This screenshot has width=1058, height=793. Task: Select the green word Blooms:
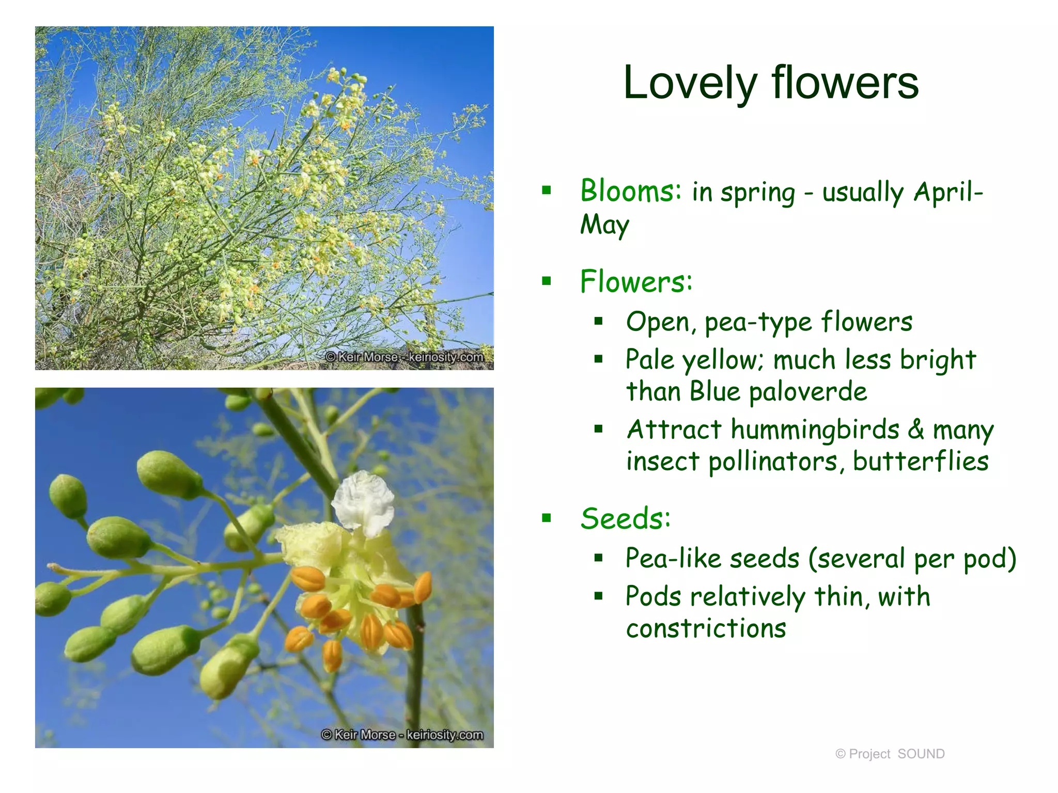coord(631,191)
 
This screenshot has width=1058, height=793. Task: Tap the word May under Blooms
coord(604,226)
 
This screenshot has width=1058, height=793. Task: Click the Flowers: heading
coord(636,282)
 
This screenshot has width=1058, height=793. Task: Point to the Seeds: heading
coord(626,518)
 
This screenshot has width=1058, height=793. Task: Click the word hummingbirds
coord(815,430)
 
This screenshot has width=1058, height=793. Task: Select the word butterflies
coord(921,461)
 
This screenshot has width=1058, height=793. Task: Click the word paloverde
coord(808,391)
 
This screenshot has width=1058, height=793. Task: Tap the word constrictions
coord(706,628)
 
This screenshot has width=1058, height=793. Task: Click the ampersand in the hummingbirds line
coord(916,430)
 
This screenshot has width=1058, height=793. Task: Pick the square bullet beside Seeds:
coord(547,518)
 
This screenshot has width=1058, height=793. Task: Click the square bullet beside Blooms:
coord(547,191)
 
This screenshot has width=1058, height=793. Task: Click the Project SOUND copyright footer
coord(890,754)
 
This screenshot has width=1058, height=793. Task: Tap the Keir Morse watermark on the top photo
coord(404,357)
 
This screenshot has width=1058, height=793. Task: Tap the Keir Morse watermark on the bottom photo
coord(402,735)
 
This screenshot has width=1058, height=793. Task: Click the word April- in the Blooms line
coord(948,192)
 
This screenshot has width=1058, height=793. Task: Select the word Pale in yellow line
coord(650,359)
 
